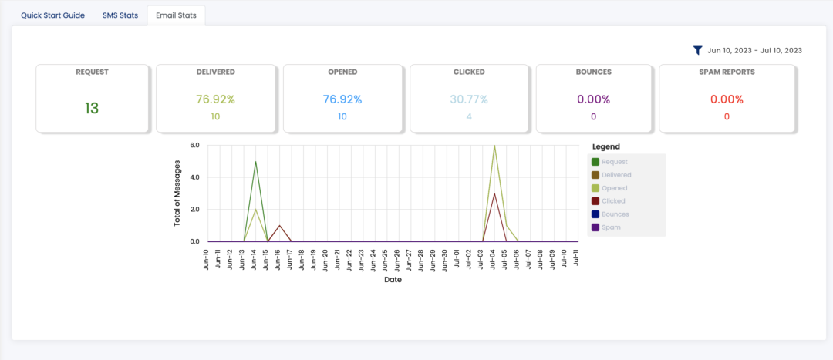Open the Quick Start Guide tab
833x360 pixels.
pos(52,15)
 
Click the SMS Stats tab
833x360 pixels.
pos(120,15)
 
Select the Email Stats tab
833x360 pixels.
pos(176,15)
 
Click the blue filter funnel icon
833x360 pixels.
pos(697,50)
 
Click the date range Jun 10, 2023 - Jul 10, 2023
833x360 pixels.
pos(754,50)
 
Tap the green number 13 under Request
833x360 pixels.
pos(92,108)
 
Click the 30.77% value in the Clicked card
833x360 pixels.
pos(469,99)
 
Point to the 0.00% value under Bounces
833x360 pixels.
pos(593,99)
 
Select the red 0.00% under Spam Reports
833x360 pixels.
pos(727,99)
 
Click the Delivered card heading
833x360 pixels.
pos(216,72)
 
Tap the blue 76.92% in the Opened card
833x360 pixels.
pos(342,99)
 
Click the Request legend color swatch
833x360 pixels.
pos(595,162)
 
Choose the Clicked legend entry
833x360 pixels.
pos(613,201)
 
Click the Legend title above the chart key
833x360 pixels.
pos(605,146)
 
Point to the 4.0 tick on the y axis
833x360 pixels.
pos(194,177)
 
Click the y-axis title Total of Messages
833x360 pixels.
pos(177,193)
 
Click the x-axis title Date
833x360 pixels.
pos(393,280)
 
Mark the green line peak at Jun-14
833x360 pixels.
pos(255,161)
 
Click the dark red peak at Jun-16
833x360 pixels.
pos(279,225)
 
